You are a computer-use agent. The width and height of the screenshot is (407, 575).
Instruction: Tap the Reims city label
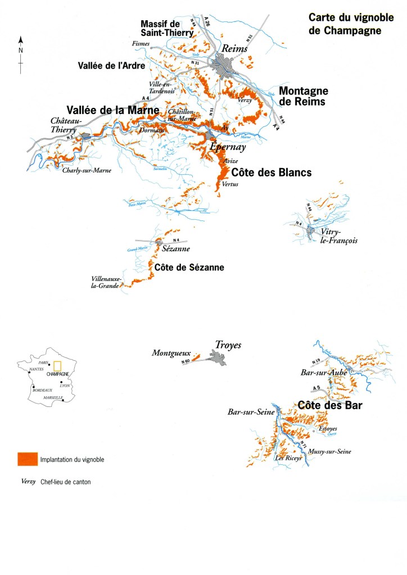(x=235, y=49)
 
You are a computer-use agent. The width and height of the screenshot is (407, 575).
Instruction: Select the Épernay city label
(x=228, y=147)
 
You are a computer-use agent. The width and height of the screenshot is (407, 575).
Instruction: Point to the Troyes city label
(x=228, y=345)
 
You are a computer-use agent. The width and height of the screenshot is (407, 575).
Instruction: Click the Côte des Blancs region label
(x=271, y=173)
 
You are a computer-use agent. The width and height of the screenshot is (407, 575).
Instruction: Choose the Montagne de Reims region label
(x=304, y=96)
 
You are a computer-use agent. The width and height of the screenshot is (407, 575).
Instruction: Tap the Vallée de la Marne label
(x=112, y=110)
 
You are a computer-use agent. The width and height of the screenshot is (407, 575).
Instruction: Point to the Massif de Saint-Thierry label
(x=167, y=28)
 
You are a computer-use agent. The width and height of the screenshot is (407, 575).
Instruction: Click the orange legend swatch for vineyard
(x=27, y=459)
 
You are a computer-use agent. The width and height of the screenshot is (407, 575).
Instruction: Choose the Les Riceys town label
(x=288, y=458)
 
